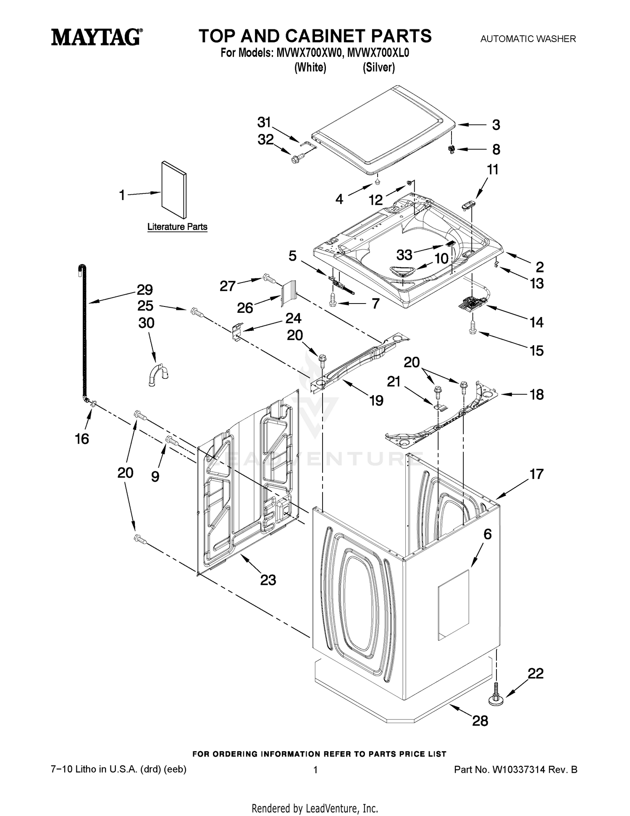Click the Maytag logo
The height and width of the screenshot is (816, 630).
click(97, 37)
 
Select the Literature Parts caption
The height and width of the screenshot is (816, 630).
click(177, 227)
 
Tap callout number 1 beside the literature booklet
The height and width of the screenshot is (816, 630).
click(122, 195)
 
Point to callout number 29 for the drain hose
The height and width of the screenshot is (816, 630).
click(145, 290)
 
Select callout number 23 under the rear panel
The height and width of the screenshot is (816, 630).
click(268, 580)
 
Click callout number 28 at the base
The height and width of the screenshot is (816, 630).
click(480, 721)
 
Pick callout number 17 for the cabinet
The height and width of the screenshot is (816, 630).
click(536, 474)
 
